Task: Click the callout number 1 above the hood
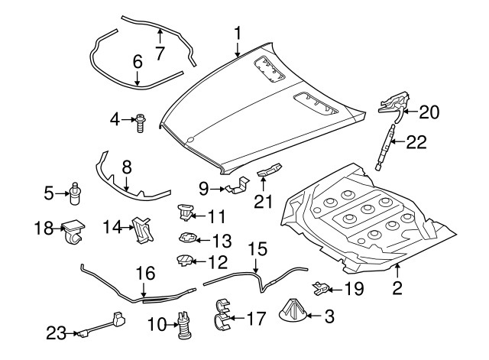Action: [238, 34]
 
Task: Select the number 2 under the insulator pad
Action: [397, 288]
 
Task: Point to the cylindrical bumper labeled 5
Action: [76, 194]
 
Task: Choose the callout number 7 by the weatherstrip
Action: [160, 53]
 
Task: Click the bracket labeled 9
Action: [238, 186]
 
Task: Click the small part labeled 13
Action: [188, 238]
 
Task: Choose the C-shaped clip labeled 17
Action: [221, 317]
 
